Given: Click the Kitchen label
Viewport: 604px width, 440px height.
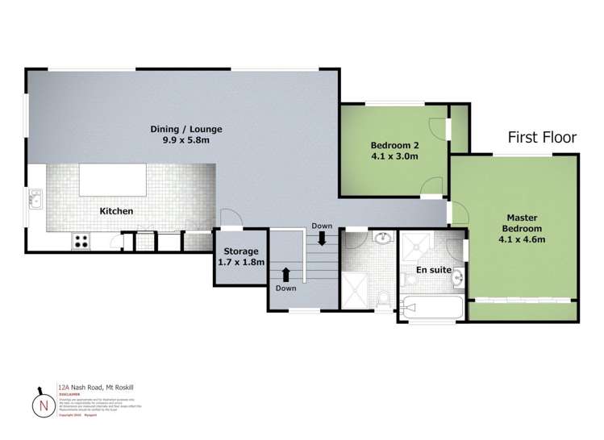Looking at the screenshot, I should (x=116, y=211).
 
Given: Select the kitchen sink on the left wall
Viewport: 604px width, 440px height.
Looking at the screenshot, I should (x=35, y=198).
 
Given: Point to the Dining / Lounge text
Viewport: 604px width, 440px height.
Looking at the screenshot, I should (x=186, y=129).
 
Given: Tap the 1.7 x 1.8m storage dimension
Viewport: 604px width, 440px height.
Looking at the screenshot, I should (x=240, y=262).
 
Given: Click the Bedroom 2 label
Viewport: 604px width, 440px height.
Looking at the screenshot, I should (x=394, y=145).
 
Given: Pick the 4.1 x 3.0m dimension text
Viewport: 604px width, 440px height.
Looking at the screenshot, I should (x=394, y=156).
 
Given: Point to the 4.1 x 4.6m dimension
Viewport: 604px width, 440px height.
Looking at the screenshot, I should (x=522, y=239).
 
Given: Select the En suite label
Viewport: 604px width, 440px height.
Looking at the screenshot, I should (x=434, y=269).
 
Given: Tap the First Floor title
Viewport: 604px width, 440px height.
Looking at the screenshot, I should (x=542, y=138).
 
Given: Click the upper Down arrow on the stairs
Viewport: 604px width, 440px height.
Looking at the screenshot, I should (x=322, y=239).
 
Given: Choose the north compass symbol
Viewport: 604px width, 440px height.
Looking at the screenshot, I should (x=39, y=404).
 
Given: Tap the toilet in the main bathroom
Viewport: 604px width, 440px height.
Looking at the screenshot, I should (x=384, y=301).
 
